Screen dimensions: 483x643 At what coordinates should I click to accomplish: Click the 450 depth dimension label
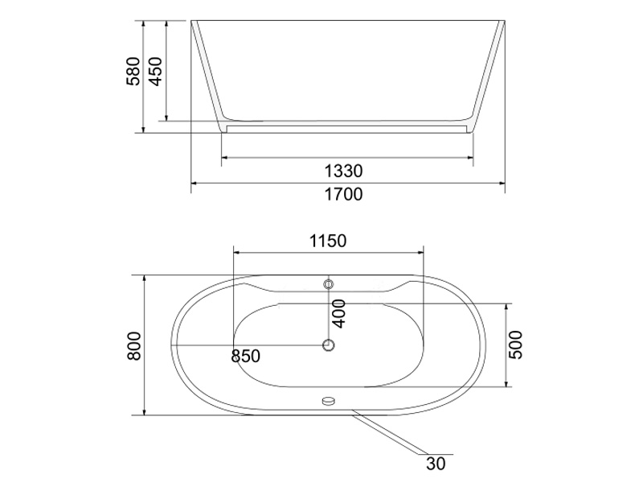pos(157,71)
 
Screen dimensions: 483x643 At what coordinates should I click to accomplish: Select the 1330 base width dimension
pos(344,171)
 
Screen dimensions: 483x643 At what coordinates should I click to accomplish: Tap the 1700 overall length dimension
pos(344,194)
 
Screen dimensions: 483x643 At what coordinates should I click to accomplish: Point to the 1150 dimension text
pos(327,240)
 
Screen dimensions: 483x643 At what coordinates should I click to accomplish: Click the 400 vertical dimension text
pos(338,313)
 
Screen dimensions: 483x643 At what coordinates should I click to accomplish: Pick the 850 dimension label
pos(245,356)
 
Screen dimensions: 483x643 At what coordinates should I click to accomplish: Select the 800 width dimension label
pos(134,345)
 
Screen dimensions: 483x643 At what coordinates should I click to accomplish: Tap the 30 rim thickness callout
pos(436,464)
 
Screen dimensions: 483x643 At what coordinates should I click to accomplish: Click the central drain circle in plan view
pos(328,345)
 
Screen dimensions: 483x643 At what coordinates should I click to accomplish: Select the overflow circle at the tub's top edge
pos(328,284)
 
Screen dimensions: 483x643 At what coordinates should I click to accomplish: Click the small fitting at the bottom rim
pos(328,399)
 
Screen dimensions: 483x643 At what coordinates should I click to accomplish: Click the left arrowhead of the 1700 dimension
pos(194,184)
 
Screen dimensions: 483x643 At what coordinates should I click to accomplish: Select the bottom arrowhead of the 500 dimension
pos(506,384)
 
